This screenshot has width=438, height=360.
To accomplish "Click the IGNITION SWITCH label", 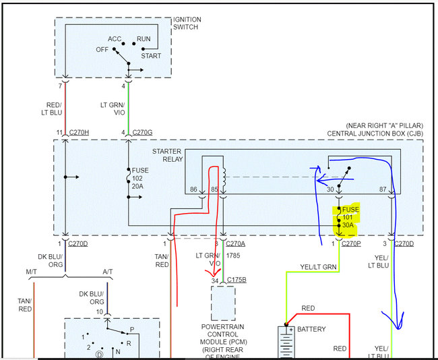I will point(187,24).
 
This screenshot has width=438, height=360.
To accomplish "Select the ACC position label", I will point(114,39).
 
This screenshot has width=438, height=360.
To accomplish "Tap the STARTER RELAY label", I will point(168,156).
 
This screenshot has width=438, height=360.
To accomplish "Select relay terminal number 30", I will point(331,191).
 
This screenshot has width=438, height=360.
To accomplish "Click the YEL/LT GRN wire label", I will point(317,267).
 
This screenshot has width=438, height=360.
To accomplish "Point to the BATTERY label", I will point(311,330).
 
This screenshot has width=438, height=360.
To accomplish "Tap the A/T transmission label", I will point(108,271).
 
